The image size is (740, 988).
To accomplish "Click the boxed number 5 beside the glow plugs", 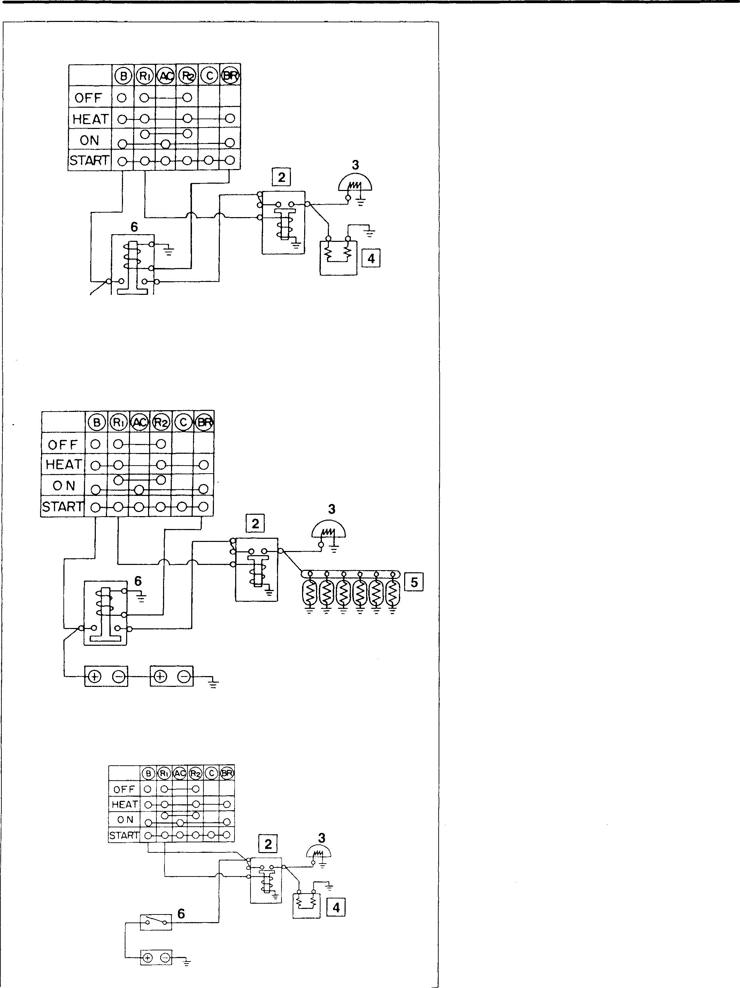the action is (x=414, y=582).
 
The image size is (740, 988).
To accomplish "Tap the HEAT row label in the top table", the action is (x=90, y=119).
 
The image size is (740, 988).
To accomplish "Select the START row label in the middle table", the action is (x=62, y=507).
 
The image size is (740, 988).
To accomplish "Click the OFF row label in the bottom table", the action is (x=124, y=789).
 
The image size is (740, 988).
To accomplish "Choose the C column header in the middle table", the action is (x=183, y=422).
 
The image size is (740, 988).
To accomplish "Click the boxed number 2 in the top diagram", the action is (x=282, y=177).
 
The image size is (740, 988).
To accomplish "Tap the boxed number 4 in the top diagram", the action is (x=371, y=258).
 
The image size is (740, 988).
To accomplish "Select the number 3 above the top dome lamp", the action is (x=355, y=165).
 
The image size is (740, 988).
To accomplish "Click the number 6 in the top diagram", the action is (x=134, y=227).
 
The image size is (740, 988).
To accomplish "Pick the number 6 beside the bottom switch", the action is (x=181, y=913).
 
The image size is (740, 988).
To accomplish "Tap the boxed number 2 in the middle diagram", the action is (x=255, y=523).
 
